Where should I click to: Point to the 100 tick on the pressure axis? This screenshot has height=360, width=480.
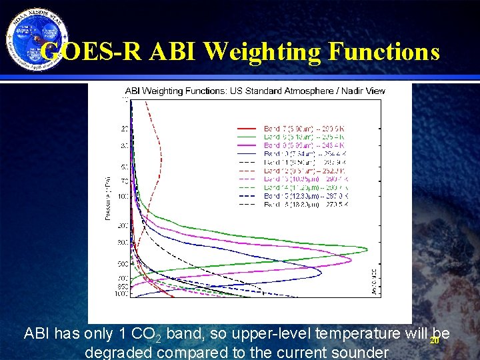coord(123,196)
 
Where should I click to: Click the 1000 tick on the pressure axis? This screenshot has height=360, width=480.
coord(123,294)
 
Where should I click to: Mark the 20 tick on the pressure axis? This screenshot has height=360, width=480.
coord(125,128)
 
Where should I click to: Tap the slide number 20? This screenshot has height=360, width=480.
coord(433,341)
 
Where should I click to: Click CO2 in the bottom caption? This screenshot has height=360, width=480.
coord(150,333)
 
